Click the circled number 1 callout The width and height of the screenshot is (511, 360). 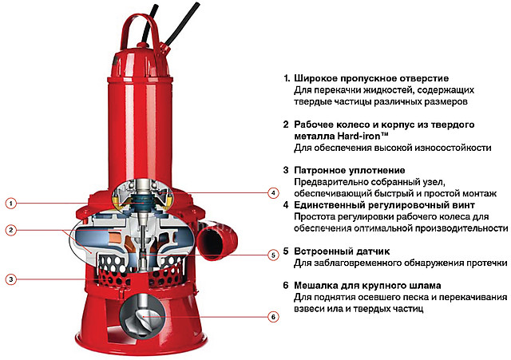(x=10, y=204)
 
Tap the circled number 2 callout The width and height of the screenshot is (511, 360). (x=10, y=231)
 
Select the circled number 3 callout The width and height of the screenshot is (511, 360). (x=10, y=279)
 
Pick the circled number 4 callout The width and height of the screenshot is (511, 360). (x=273, y=193)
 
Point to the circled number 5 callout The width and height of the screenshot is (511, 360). (x=273, y=255)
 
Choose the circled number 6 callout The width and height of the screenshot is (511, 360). (x=273, y=317)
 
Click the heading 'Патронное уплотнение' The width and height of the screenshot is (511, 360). (x=350, y=170)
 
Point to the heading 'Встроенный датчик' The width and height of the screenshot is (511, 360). (x=342, y=251)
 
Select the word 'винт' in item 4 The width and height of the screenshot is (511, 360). (x=463, y=205)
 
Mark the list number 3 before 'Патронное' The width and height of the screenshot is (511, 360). (x=286, y=170)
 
